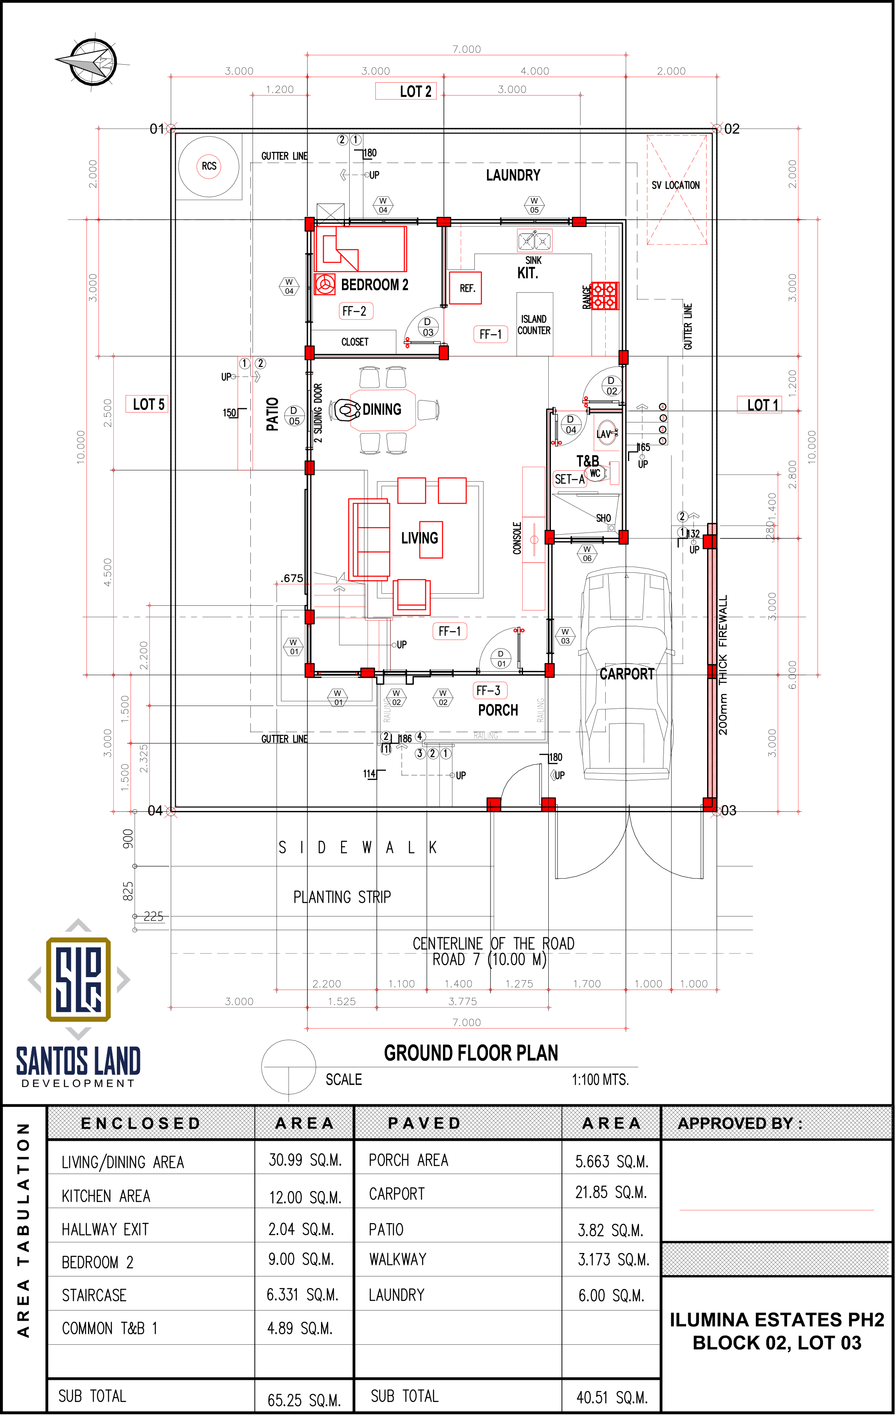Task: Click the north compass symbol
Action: [92, 62]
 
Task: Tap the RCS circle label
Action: [209, 166]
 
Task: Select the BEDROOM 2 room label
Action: [375, 285]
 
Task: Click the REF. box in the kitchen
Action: [466, 288]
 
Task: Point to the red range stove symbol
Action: [604, 296]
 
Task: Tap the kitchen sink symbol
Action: [535, 240]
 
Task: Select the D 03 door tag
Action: [428, 327]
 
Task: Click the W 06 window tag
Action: [587, 553]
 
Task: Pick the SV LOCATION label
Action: [676, 185]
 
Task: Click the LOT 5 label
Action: [149, 404]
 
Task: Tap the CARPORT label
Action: [627, 674]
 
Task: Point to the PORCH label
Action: [498, 710]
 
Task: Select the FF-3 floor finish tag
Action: [490, 691]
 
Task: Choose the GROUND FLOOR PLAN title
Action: [471, 1053]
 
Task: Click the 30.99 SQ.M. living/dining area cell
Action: [305, 1160]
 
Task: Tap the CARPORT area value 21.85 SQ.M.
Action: [611, 1192]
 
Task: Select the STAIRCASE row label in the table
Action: [95, 1295]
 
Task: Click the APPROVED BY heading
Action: [740, 1124]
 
